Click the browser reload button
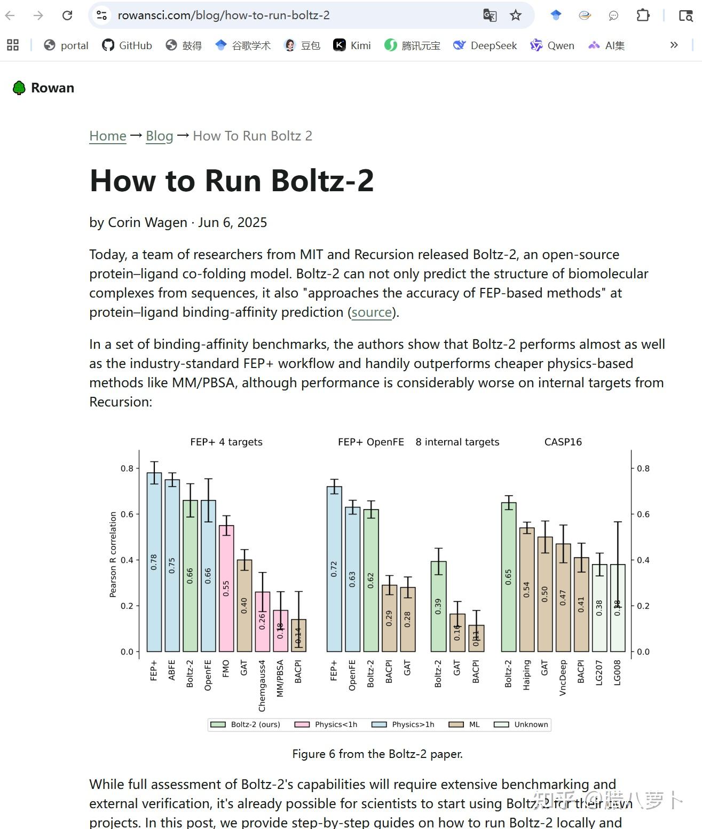[x=67, y=15]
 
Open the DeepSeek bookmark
[x=485, y=45]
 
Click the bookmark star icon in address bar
[x=515, y=15]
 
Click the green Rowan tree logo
[x=19, y=88]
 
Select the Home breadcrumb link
[x=108, y=136]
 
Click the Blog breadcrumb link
[x=159, y=136]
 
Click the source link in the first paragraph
[x=372, y=312]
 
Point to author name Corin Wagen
[x=147, y=222]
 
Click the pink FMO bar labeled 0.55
[x=226, y=588]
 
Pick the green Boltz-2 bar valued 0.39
[x=438, y=606]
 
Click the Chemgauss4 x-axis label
[x=262, y=686]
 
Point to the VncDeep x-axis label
[x=563, y=677]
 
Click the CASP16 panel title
[x=563, y=442]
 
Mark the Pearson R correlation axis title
[x=113, y=554]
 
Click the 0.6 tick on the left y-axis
[x=127, y=514]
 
